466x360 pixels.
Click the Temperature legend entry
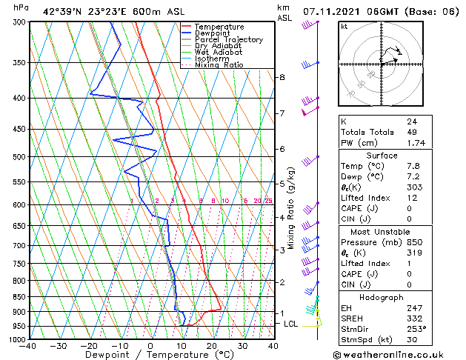pyautogui.click(x=220, y=27)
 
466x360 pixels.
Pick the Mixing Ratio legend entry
pyautogui.click(x=219, y=65)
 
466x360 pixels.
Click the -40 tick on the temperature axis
pyautogui.click(x=28, y=346)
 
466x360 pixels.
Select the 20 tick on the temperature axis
pyautogui.click(x=211, y=346)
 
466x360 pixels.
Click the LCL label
pyautogui.click(x=291, y=324)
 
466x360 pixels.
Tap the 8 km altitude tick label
pyautogui.click(x=282, y=77)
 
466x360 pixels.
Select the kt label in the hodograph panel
pyautogui.click(x=344, y=27)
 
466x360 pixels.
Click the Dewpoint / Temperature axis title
pyautogui.click(x=150, y=356)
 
